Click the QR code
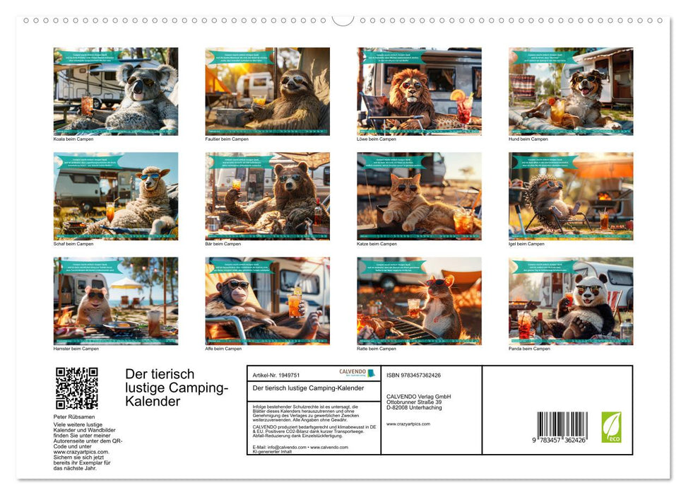click(x=76, y=388)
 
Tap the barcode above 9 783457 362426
click(x=562, y=426)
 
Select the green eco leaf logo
click(x=611, y=427)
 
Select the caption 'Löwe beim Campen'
click(x=377, y=139)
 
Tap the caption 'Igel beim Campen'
click(x=526, y=244)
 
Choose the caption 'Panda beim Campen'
click(x=529, y=349)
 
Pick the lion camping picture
click(x=419, y=91)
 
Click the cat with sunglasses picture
click(x=419, y=196)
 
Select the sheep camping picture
click(x=116, y=196)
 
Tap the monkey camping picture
click(x=267, y=301)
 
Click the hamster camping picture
click(x=116, y=301)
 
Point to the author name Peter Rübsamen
click(x=75, y=417)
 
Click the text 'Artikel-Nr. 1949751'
click(x=276, y=375)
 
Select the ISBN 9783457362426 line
click(x=413, y=375)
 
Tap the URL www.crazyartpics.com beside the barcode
click(x=408, y=424)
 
